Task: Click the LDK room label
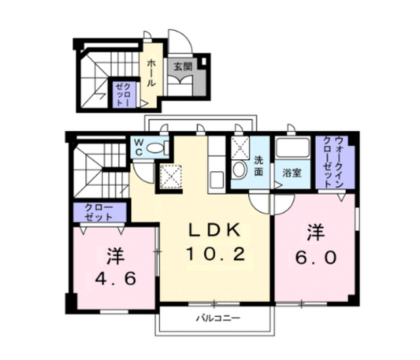[215, 230]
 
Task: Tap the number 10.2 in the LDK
[216, 254]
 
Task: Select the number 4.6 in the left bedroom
[115, 279]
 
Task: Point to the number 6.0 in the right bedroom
[316, 258]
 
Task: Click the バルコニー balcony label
[219, 318]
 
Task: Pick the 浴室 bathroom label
[292, 173]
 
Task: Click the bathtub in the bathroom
[293, 148]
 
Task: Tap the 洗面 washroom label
[259, 166]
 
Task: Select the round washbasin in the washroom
[240, 170]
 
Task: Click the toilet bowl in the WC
[155, 148]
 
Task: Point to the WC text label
[138, 147]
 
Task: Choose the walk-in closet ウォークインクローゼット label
[333, 162]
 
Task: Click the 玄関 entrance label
[183, 66]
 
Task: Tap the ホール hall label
[151, 73]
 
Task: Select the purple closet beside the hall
[124, 94]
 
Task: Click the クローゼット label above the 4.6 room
[98, 212]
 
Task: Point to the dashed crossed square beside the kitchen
[171, 176]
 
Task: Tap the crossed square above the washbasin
[240, 147]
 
